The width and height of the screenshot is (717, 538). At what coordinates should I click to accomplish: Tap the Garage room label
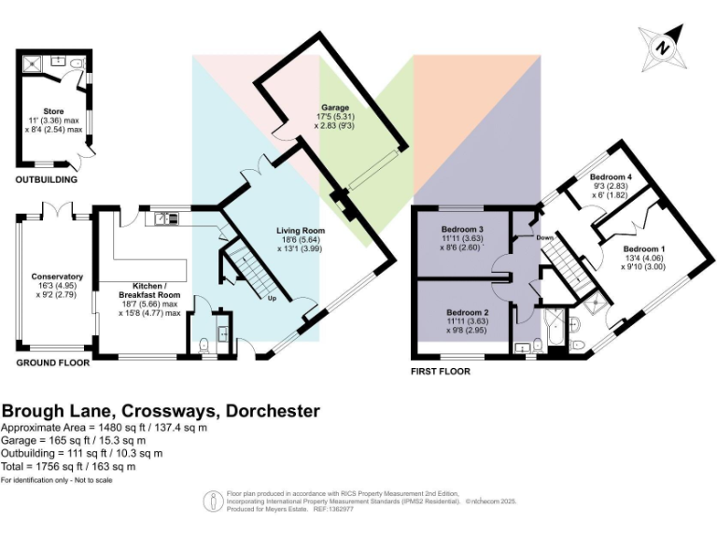[335, 107]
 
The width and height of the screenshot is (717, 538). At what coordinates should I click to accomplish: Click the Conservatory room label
[57, 276]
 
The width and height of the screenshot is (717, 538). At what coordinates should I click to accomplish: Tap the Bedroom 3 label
[463, 230]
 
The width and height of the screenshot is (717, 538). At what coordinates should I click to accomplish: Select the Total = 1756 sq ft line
[69, 466]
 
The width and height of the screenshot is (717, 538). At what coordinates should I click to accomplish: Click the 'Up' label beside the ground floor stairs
[272, 299]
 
